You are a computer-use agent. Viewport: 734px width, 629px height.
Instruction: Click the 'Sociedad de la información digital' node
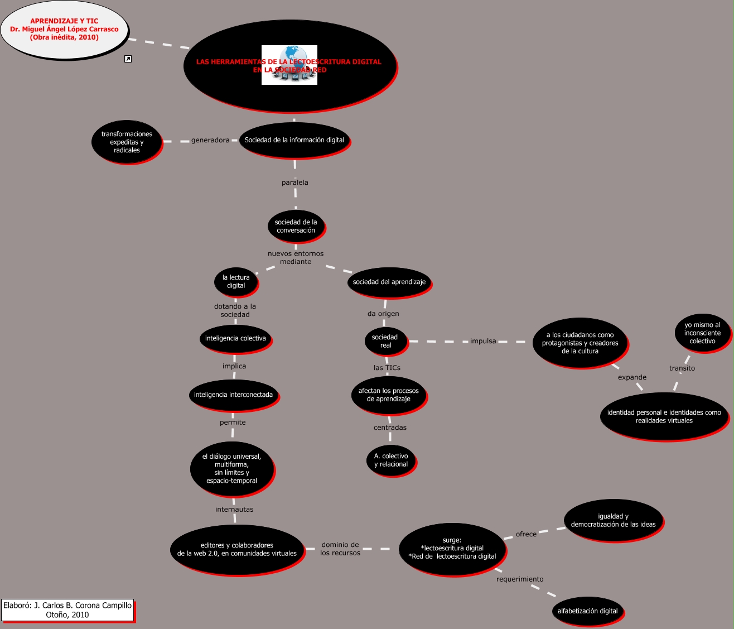pyautogui.click(x=294, y=140)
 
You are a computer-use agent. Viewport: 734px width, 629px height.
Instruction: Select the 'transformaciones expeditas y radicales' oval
pyautogui.click(x=127, y=142)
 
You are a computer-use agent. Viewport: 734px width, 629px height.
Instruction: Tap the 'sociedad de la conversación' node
pyautogui.click(x=296, y=226)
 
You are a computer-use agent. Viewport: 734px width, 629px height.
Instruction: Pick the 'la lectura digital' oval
pyautogui.click(x=236, y=281)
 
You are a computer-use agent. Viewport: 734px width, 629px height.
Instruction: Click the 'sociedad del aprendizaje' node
pyautogui.click(x=389, y=282)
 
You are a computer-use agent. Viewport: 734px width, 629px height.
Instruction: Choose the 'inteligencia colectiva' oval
pyautogui.click(x=235, y=338)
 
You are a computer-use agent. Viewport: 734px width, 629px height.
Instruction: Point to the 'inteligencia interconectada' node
pyautogui.click(x=233, y=395)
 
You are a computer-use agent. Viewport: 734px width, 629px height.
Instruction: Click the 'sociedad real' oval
pyautogui.click(x=385, y=341)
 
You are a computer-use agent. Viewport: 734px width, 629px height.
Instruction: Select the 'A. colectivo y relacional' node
pyautogui.click(x=391, y=460)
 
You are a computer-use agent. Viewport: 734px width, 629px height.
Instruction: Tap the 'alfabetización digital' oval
pyautogui.click(x=587, y=611)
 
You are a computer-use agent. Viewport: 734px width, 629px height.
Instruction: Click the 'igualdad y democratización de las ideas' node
pyautogui.click(x=613, y=520)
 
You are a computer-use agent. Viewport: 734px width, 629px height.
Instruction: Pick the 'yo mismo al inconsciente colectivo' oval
pyautogui.click(x=702, y=333)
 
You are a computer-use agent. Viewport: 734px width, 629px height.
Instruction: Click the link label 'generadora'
pyautogui.click(x=210, y=140)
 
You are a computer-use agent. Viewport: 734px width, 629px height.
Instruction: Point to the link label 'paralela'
pyautogui.click(x=295, y=183)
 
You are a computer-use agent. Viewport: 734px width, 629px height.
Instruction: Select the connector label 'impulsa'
pyautogui.click(x=483, y=341)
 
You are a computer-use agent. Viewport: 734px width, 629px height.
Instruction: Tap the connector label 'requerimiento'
pyautogui.click(x=520, y=579)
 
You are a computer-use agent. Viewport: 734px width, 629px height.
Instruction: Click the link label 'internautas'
pyautogui.click(x=234, y=509)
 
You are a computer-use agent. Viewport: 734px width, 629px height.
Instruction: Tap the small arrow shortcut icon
pyautogui.click(x=128, y=59)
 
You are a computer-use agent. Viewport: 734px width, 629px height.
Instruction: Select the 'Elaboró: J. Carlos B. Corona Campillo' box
pyautogui.click(x=67, y=610)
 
